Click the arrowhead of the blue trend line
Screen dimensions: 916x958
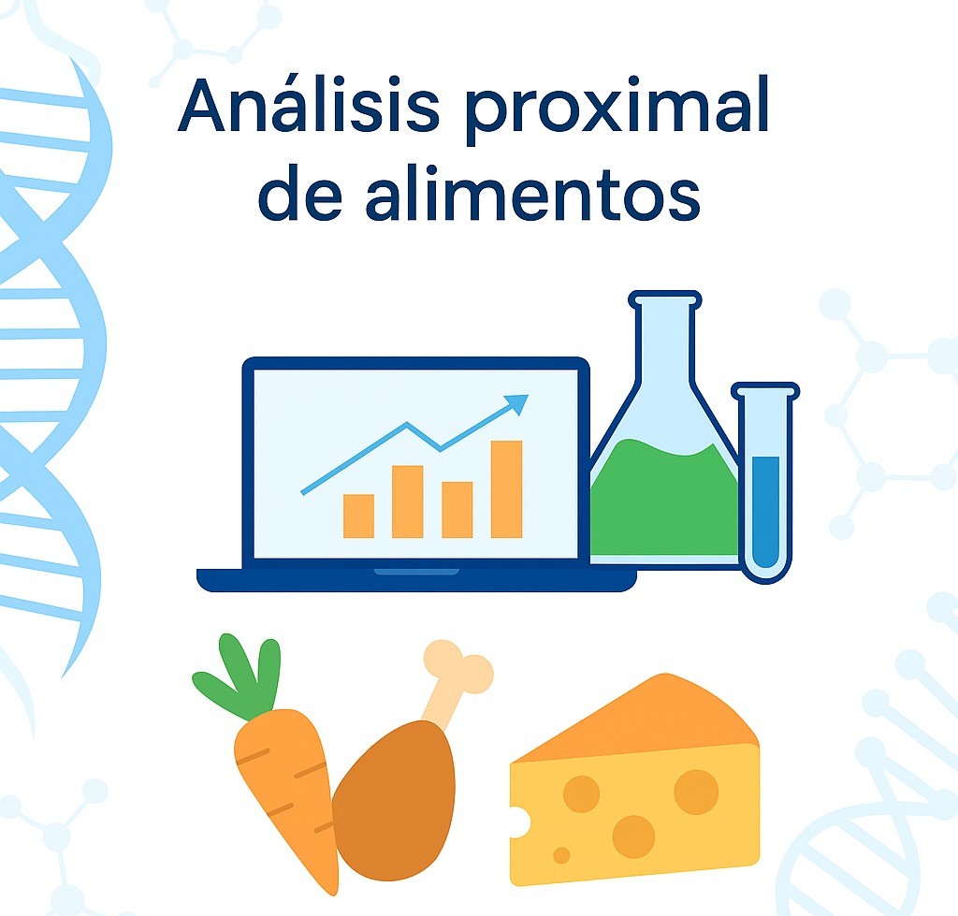pyautogui.click(x=517, y=404)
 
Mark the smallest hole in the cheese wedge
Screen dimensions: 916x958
pyautogui.click(x=561, y=854)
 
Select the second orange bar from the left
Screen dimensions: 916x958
pyautogui.click(x=407, y=502)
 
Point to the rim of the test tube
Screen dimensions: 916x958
pyautogui.click(x=765, y=389)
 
